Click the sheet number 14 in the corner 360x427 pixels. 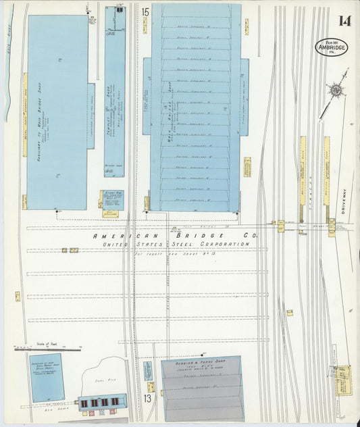pyautogui.click(x=344, y=20)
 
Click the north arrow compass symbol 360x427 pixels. pyautogui.click(x=334, y=91)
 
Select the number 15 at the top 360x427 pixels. pyautogui.click(x=145, y=11)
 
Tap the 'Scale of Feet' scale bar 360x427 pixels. pyautogui.click(x=47, y=349)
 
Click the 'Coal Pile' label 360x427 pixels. pyautogui.click(x=101, y=380)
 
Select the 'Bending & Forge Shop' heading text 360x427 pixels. pyautogui.click(x=201, y=363)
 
